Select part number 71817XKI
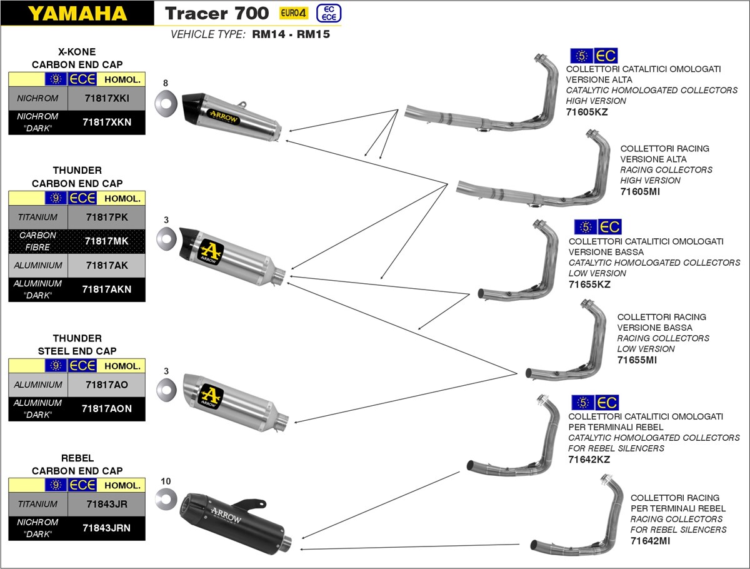pos(106,98)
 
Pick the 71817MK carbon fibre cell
pos(106,241)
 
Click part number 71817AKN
pos(106,289)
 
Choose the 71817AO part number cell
pos(106,385)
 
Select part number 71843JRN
pos(106,528)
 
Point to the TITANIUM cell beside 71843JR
pos(37,504)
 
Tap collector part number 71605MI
pos(640,191)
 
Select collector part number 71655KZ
pos(589,284)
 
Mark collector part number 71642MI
pos(650,541)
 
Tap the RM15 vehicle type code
pos(313,35)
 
